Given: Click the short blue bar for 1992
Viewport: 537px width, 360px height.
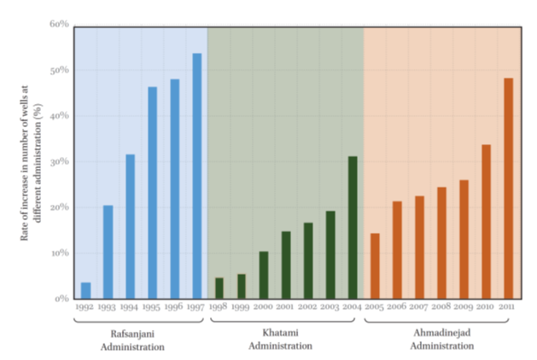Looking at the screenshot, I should (85, 290).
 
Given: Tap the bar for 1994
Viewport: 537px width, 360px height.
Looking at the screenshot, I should (131, 226).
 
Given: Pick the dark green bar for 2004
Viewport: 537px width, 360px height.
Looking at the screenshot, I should (353, 227).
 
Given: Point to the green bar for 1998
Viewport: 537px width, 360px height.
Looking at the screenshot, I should (219, 287).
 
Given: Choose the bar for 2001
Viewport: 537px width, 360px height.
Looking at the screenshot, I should (286, 264).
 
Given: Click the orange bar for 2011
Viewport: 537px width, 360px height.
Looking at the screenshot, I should (508, 188).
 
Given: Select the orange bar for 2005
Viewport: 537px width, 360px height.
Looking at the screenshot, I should (375, 265).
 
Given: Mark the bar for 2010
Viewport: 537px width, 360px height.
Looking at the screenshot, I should (486, 221).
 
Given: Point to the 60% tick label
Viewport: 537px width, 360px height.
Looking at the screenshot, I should (58, 24).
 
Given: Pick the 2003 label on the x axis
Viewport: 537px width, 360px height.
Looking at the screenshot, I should (330, 307).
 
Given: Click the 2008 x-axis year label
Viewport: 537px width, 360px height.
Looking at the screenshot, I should (441, 307).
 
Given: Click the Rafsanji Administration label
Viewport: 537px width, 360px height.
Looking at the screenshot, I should (132, 340).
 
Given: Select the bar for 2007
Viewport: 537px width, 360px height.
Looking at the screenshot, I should (419, 247).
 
